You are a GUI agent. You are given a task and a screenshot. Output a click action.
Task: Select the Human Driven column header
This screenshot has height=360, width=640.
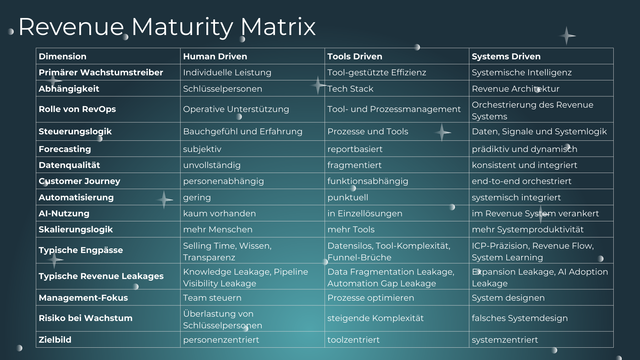215,56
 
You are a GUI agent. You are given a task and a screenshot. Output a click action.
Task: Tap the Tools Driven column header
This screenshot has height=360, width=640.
355,56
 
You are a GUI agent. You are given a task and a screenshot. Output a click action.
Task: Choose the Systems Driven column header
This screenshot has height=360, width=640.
506,56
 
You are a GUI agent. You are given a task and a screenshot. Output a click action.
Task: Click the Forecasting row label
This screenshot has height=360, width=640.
65,149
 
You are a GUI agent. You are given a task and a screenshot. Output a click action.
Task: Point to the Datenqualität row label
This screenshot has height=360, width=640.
69,165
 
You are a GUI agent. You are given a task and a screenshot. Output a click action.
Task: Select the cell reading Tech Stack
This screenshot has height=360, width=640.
350,89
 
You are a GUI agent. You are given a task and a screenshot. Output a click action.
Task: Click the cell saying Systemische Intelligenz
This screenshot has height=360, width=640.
522,72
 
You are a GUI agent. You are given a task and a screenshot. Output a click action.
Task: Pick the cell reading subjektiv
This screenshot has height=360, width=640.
202,149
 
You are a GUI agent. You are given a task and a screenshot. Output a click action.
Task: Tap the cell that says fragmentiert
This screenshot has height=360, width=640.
354,165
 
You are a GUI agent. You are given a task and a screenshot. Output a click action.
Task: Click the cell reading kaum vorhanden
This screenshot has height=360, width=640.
219,213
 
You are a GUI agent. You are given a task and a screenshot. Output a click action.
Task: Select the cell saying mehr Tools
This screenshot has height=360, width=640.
351,229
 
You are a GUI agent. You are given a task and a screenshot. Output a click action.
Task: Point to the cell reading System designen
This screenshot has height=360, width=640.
508,298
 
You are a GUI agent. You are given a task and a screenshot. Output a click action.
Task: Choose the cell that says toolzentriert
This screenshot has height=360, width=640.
353,340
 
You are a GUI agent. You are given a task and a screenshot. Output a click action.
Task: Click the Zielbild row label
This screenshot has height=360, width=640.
55,340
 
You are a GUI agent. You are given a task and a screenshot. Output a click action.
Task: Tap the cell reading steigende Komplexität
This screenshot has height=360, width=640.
375,318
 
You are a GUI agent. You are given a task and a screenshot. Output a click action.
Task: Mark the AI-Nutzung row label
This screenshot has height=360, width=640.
64,213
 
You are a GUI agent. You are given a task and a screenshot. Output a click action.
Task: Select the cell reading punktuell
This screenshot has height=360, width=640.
348,197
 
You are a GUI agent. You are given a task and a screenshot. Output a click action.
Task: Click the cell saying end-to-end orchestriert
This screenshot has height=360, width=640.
521,181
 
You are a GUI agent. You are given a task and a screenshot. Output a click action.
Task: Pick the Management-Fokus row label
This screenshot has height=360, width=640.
83,298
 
